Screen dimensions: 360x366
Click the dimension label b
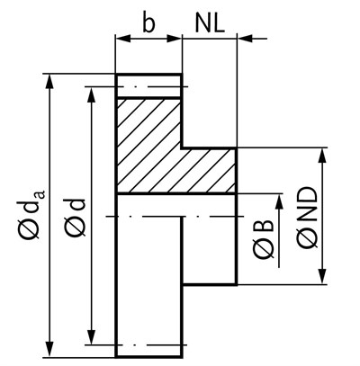[x=148, y=23]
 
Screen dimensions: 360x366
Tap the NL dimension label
[x=210, y=23]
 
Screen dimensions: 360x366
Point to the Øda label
[x=32, y=214]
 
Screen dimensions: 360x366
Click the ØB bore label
[x=264, y=240]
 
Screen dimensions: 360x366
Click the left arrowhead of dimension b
[x=123, y=39]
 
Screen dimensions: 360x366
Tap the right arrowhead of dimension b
[x=174, y=39]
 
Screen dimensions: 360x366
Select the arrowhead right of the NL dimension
[x=245, y=39]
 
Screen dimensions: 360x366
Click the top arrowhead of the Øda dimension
[x=50, y=81]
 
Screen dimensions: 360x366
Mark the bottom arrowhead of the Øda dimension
[x=50, y=349]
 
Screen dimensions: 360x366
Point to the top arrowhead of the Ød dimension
[x=92, y=95]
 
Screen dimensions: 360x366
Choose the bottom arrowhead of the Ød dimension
[x=92, y=337]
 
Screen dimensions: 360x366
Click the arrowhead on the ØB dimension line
[x=279, y=201]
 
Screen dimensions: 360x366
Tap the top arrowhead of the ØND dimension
[x=322, y=156]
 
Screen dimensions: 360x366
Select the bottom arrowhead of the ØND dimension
[x=322, y=276]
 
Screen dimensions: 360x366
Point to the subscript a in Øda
[x=41, y=194]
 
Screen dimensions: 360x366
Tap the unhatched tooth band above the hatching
[x=148, y=85]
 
